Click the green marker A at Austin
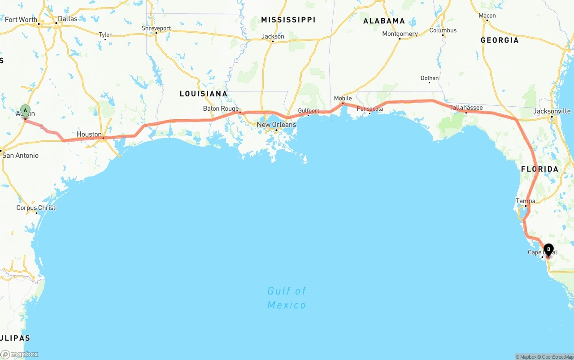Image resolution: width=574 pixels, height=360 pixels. point(25,110)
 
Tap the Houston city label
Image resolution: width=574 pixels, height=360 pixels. point(89,134)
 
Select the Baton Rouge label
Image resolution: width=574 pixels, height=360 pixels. point(221,108)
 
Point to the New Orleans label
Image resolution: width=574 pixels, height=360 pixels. point(276,124)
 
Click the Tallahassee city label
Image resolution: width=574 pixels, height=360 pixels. point(466,108)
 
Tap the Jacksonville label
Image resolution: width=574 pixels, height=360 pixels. point(552,111)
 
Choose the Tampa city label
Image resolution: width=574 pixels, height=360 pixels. point(526,201)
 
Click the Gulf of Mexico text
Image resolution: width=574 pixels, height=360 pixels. point(287,298)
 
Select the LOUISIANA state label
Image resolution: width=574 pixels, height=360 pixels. point(204,94)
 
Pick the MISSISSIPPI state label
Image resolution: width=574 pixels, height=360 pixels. point(288,20)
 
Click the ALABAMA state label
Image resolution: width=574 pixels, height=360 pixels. point(384,21)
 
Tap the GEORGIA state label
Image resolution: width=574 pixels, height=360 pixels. point(500,40)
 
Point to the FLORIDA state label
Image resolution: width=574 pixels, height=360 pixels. point(539,169)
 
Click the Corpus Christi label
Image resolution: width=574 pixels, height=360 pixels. point(37,208)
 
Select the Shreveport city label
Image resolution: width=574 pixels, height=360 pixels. point(156,28)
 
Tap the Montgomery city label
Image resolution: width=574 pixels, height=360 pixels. point(400,34)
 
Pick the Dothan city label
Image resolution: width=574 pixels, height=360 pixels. point(430,78)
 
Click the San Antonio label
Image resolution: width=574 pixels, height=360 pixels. point(21,155)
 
